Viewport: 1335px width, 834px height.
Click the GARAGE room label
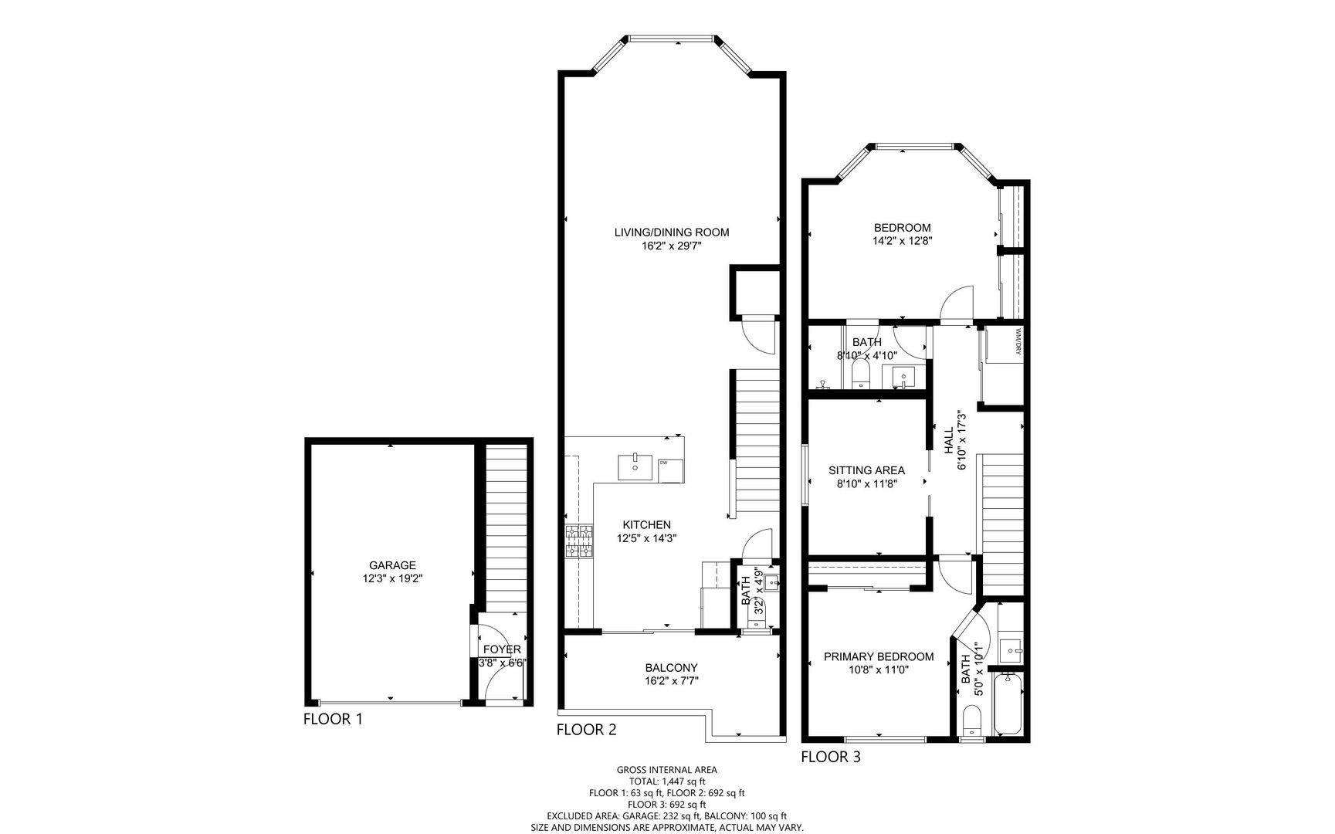tap(391, 565)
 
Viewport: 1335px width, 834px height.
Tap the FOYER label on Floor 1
tap(502, 649)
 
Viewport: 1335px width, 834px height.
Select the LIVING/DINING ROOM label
tap(672, 232)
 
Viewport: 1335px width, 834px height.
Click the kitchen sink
tap(635, 468)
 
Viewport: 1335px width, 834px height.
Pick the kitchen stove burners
tap(579, 541)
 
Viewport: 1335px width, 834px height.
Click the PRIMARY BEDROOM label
tap(879, 657)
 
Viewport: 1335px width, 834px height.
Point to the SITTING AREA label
tap(866, 470)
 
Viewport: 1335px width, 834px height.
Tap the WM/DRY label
tap(1018, 342)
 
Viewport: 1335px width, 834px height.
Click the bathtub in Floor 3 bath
tap(1009, 704)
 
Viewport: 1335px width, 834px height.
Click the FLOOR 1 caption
tap(333, 719)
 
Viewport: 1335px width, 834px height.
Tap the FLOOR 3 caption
tap(831, 757)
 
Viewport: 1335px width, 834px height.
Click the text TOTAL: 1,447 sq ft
tap(667, 781)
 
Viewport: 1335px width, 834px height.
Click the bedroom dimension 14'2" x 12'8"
tap(902, 241)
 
